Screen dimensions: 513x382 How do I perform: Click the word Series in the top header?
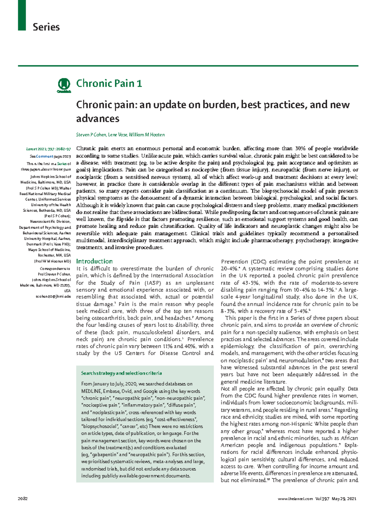click(46, 27)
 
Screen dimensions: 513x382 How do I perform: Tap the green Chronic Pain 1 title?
click(109, 83)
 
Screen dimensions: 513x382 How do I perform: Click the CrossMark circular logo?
click(64, 85)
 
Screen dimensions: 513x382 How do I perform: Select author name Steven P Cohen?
click(91, 135)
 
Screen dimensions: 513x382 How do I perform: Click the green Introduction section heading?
click(94, 261)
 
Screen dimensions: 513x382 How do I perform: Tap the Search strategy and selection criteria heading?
click(121, 373)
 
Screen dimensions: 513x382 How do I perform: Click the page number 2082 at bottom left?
click(23, 499)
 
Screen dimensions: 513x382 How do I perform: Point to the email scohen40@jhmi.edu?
click(53, 296)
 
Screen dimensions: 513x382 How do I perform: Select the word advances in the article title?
click(98, 119)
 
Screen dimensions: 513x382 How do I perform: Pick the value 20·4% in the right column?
click(229, 269)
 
